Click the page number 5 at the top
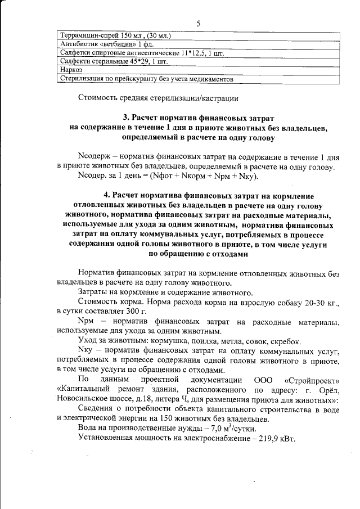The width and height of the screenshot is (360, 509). pyautogui.click(x=199, y=23)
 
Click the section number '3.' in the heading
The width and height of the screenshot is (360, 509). pyautogui.click(x=127, y=118)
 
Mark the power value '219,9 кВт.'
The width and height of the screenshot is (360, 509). pyautogui.click(x=283, y=437)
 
